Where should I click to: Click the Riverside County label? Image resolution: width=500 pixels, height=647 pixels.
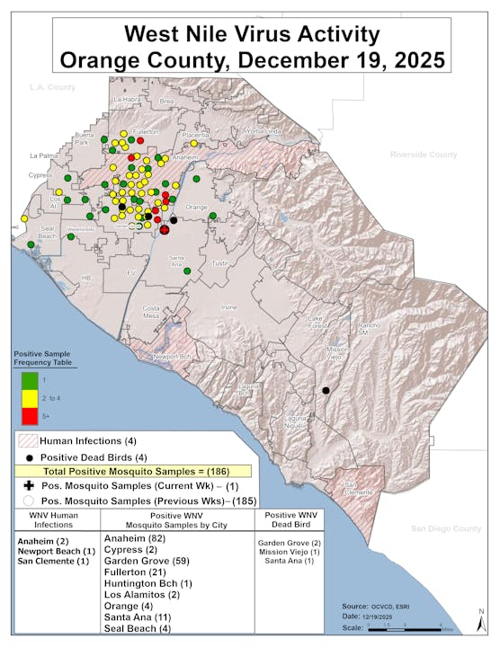coord(423,155)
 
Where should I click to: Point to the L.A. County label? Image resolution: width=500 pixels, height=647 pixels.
coord(52,87)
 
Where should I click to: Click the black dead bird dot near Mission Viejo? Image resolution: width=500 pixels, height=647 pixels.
coord(326,390)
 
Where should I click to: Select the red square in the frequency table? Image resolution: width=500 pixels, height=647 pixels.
coord(28,414)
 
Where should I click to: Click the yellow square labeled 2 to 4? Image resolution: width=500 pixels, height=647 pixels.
coord(28,398)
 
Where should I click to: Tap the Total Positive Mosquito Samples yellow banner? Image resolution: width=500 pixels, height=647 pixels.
coord(135,471)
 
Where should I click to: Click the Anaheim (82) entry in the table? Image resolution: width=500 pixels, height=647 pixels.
coord(136,537)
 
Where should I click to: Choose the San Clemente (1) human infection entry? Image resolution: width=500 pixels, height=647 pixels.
coord(53,562)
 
